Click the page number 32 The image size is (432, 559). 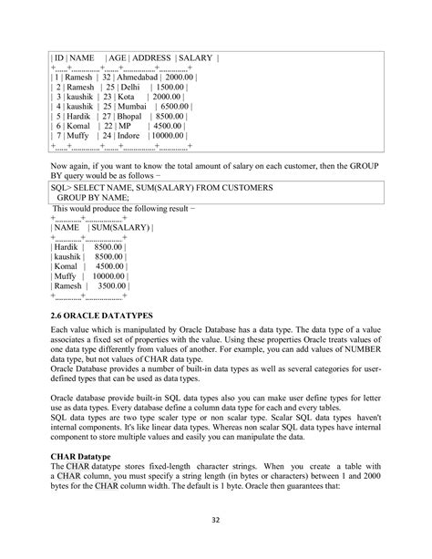click(x=216, y=522)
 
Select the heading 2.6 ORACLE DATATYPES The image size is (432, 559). click(x=108, y=315)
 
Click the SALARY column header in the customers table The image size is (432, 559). click(x=194, y=58)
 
